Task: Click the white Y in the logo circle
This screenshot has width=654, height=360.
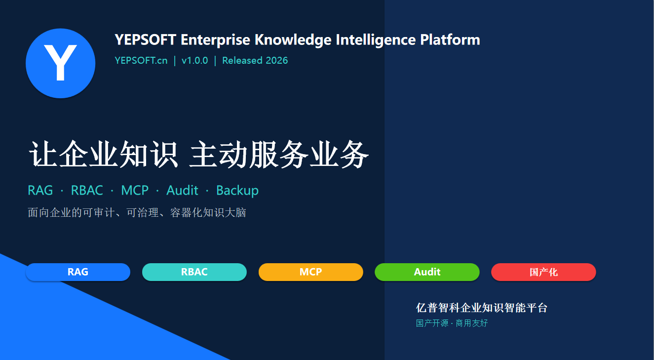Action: (60, 63)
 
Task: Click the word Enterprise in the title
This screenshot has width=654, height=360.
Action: (215, 40)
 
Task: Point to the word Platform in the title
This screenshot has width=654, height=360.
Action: (450, 40)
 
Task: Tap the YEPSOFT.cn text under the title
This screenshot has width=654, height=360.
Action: (141, 60)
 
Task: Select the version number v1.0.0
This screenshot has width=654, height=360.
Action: (195, 60)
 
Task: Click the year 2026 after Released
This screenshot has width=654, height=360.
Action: (277, 60)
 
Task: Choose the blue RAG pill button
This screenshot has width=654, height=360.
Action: (78, 272)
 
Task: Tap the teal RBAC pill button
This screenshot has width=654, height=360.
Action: (194, 272)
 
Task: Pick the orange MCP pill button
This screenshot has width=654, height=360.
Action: (311, 272)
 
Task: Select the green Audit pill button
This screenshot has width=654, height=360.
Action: (427, 272)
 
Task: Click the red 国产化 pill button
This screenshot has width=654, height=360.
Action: (543, 272)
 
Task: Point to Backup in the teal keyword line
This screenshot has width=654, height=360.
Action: (237, 191)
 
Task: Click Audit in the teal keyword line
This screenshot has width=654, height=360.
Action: (182, 190)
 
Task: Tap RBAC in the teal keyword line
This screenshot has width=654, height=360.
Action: (87, 190)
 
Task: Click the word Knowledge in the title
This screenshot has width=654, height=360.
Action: (293, 40)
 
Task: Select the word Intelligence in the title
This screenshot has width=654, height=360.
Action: (376, 40)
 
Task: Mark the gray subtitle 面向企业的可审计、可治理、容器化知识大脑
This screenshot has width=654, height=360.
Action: (137, 212)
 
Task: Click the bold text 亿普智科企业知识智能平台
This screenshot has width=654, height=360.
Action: (482, 308)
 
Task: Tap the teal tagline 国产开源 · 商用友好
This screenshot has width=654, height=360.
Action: (452, 323)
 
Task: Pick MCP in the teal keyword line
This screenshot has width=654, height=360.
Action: (135, 190)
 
